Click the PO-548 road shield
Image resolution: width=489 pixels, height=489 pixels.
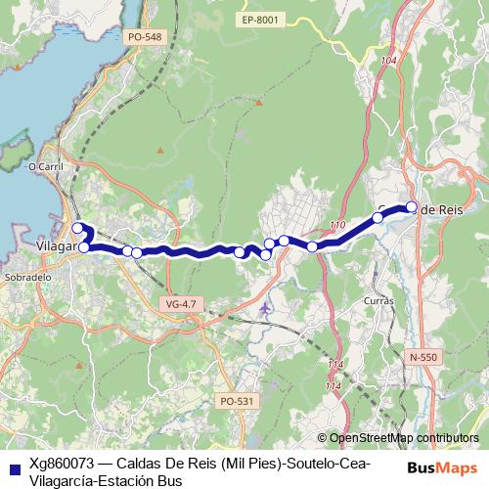pyautogui.click(x=145, y=37)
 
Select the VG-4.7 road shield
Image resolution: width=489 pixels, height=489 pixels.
pyautogui.click(x=181, y=304)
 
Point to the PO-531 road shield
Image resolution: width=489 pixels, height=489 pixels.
pyautogui.click(x=237, y=400)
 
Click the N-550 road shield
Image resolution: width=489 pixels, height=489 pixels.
pyautogui.click(x=423, y=357)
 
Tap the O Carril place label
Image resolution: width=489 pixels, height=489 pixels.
pyautogui.click(x=46, y=167)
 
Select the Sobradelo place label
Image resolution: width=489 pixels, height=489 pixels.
pyautogui.click(x=27, y=277)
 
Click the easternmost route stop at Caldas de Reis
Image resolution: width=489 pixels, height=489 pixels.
pyautogui.click(x=412, y=206)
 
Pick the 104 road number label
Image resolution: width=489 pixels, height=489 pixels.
pyautogui.click(x=390, y=62)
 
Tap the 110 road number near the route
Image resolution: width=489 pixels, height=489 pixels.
pyautogui.click(x=337, y=227)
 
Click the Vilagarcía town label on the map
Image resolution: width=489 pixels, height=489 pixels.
pyautogui.click(x=55, y=246)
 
